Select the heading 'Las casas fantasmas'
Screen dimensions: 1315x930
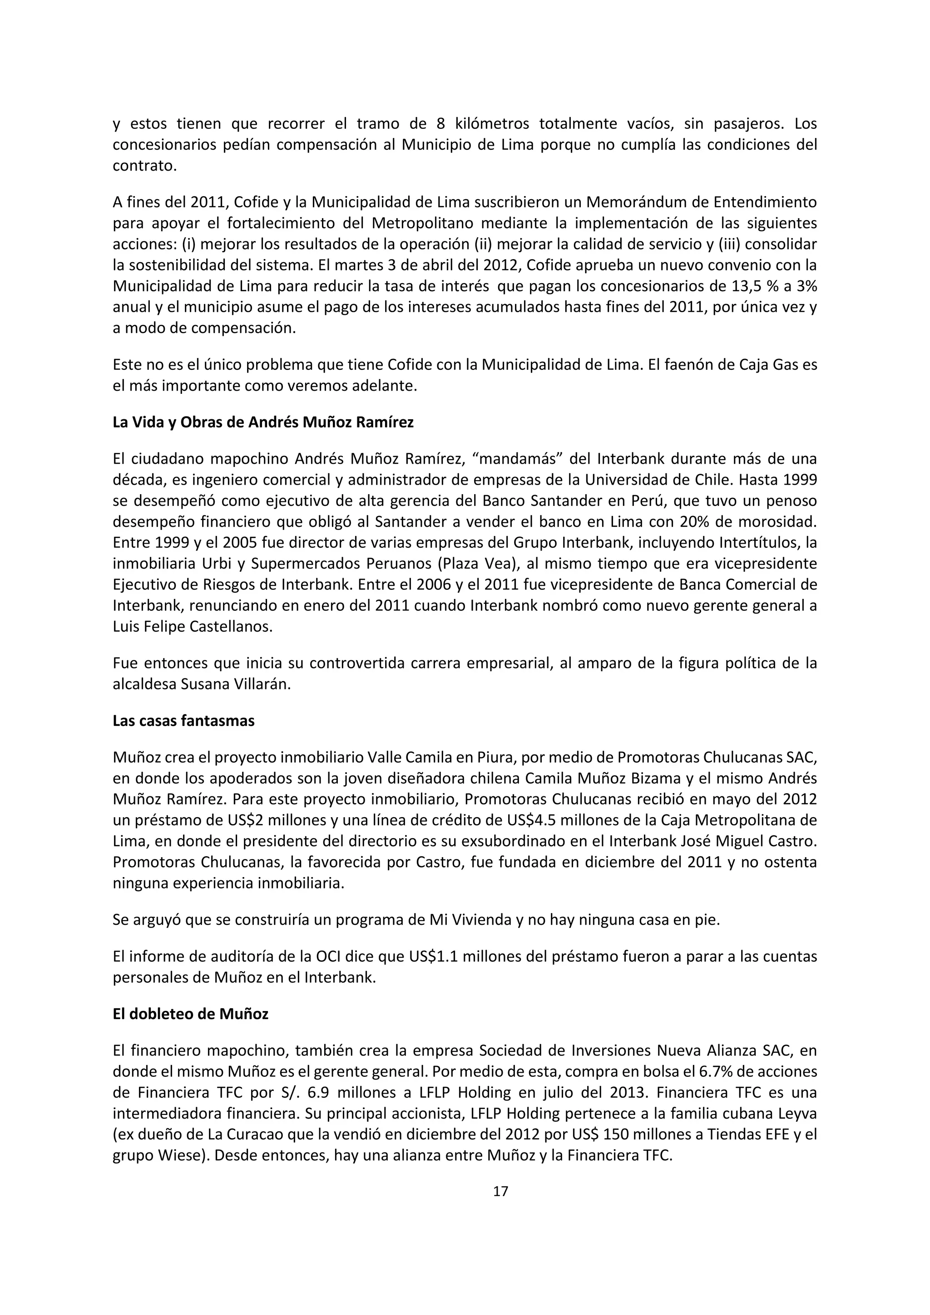(x=183, y=721)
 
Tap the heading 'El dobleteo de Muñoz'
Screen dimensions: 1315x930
(x=190, y=1014)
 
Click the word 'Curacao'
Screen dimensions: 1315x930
(x=249, y=1134)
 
